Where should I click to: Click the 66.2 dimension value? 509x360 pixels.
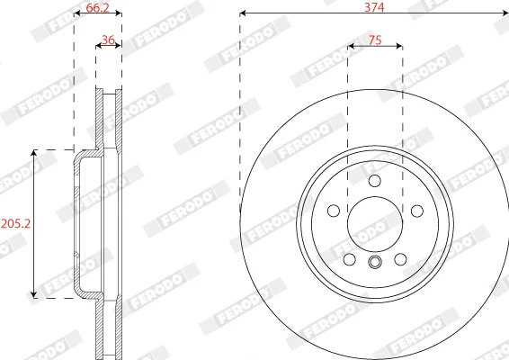pyautogui.click(x=98, y=7)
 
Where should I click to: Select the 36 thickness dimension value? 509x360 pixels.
pyautogui.click(x=108, y=40)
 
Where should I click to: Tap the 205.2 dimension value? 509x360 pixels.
pyautogui.click(x=15, y=223)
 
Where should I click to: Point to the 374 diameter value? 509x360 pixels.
pyautogui.click(x=374, y=7)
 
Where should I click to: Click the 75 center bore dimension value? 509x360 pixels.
pyautogui.click(x=375, y=40)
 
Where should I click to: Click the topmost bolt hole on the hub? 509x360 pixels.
pyautogui.click(x=375, y=181)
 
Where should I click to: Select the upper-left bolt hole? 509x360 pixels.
pyautogui.click(x=334, y=211)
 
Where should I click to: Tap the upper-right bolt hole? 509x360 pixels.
pyautogui.click(x=416, y=211)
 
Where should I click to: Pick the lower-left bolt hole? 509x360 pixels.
pyautogui.click(x=349, y=259)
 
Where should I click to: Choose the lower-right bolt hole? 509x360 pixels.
pyautogui.click(x=400, y=259)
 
